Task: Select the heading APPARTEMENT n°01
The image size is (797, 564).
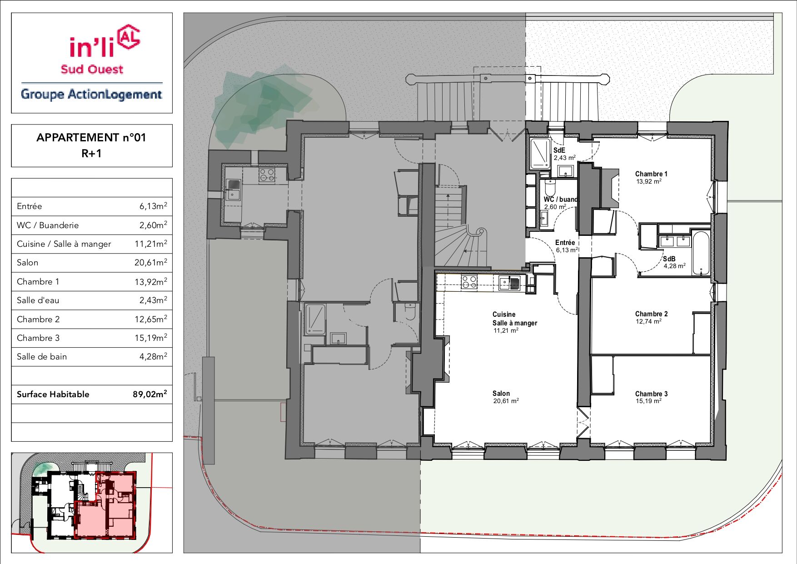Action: [x=91, y=137]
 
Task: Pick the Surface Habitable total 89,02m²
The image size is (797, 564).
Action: [x=149, y=394]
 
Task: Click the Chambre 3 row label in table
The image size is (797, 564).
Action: [x=38, y=338]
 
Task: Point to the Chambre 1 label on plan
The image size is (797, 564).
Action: [x=651, y=174]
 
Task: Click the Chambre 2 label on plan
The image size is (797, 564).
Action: [x=651, y=314]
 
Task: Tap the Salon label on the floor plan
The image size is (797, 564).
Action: [x=501, y=394]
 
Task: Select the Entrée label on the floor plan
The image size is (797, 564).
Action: [x=565, y=243]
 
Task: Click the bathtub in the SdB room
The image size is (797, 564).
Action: [x=701, y=254]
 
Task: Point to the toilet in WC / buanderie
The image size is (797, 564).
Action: [x=550, y=187]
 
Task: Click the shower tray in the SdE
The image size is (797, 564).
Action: [x=540, y=154]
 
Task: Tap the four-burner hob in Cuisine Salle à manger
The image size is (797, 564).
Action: [x=469, y=282]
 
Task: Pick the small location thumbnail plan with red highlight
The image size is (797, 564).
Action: [x=92, y=502]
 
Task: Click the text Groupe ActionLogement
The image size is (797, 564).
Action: [x=91, y=95]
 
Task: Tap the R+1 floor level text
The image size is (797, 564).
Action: [x=91, y=154]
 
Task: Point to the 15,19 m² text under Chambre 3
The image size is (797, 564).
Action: [x=648, y=401]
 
